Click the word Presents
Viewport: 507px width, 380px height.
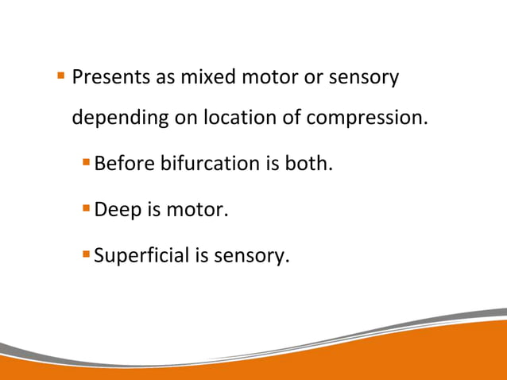[x=109, y=78]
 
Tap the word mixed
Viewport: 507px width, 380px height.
[x=209, y=78]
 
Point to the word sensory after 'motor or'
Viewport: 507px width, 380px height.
[x=364, y=79]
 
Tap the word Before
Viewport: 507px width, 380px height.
[x=124, y=164]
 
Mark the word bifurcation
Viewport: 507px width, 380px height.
[x=210, y=164]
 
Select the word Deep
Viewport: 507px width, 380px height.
[x=117, y=211]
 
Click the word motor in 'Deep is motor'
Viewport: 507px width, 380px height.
[x=199, y=210]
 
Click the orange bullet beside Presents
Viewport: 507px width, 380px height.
[x=60, y=77]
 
